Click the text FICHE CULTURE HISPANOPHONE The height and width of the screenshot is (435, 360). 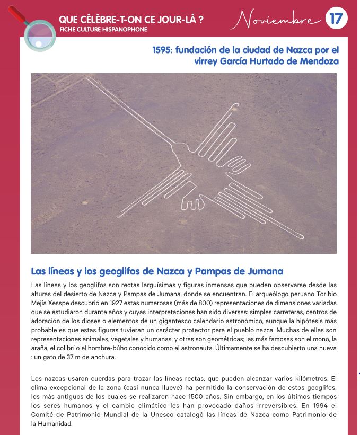(103, 29)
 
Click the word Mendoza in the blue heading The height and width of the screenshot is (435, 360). (318, 61)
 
